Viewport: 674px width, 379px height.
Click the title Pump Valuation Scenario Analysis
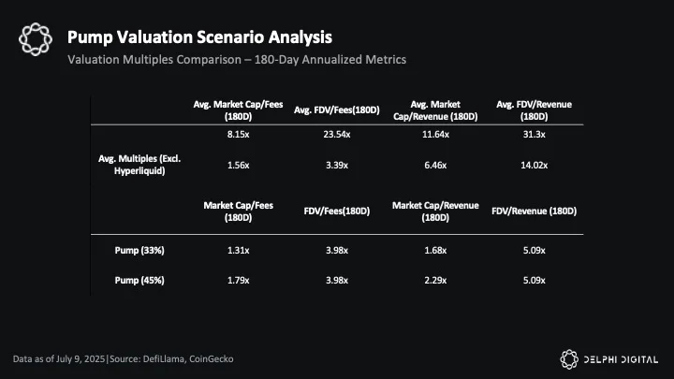point(199,36)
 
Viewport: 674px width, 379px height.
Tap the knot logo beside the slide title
point(36,39)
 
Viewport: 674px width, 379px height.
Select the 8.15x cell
point(238,135)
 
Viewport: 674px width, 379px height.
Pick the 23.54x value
point(337,135)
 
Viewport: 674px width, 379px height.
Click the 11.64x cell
point(435,135)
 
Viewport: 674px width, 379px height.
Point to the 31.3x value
point(534,135)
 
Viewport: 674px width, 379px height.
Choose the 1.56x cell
point(238,165)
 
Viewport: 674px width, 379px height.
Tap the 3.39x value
point(337,165)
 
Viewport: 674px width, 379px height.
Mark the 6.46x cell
point(435,165)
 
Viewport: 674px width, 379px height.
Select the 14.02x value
point(534,165)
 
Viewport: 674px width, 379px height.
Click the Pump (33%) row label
point(139,251)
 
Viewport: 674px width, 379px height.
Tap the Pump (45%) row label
point(139,281)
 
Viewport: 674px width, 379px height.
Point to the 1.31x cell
point(238,251)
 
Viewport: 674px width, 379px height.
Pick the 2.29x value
point(435,281)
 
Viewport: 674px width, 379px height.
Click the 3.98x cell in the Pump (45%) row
point(337,281)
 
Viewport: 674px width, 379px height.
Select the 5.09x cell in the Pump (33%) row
point(534,251)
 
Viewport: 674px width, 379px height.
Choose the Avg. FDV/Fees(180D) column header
point(337,110)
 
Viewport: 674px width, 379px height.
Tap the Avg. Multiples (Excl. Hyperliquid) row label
point(139,165)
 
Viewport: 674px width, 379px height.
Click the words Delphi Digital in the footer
point(621,359)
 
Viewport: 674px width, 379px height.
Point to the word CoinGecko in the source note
point(211,358)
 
